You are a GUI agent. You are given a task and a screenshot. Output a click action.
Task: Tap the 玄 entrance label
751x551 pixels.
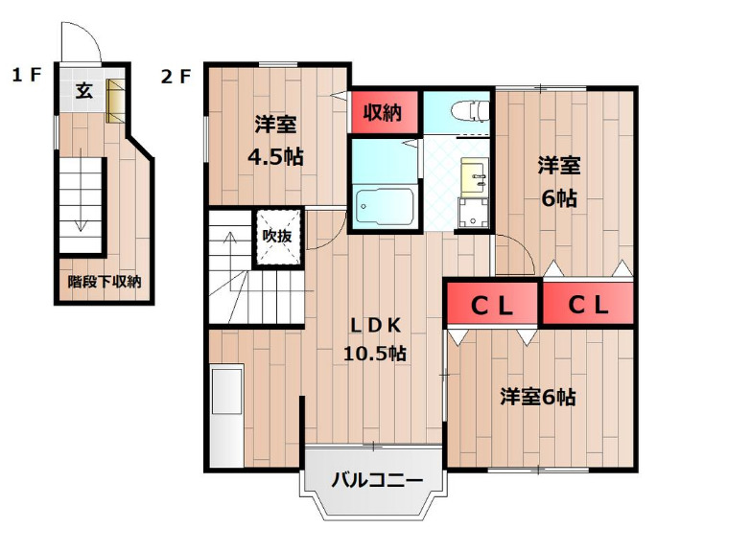[x=83, y=92]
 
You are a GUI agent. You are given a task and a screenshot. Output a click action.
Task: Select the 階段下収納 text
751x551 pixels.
[x=104, y=282]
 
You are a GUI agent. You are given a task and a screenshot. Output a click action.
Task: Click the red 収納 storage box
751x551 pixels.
[x=384, y=111]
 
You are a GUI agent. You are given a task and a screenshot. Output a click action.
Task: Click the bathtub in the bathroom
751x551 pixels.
[x=384, y=204]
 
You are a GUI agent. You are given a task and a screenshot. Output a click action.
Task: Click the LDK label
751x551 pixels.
[x=374, y=323]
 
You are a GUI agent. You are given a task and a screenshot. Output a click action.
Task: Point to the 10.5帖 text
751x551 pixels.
[x=375, y=353]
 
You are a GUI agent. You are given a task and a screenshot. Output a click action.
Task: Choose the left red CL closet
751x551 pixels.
[x=491, y=305]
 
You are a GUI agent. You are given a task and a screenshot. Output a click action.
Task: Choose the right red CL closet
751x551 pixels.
[x=587, y=305]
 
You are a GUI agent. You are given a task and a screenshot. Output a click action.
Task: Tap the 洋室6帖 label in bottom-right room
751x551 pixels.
[x=537, y=397]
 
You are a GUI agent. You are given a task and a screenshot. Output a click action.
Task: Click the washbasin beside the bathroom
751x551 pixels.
[x=473, y=176]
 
